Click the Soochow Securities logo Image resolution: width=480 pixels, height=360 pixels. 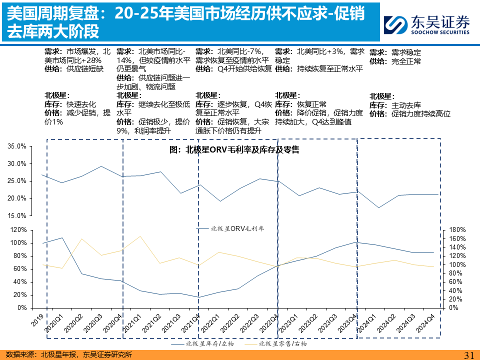[x=426, y=24]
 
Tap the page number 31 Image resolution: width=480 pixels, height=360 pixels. [x=469, y=354]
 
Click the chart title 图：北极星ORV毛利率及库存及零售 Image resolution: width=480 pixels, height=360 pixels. [x=234, y=149]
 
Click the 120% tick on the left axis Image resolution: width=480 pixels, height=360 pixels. [x=18, y=230]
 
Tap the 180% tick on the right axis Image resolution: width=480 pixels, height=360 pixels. [x=457, y=229]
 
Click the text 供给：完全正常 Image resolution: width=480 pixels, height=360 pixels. [x=395, y=61]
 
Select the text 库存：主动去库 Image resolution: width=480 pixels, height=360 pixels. [x=395, y=105]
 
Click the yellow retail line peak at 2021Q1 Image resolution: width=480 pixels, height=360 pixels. [x=140, y=236]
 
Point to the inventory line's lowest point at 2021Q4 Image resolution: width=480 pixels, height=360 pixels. [x=198, y=297]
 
